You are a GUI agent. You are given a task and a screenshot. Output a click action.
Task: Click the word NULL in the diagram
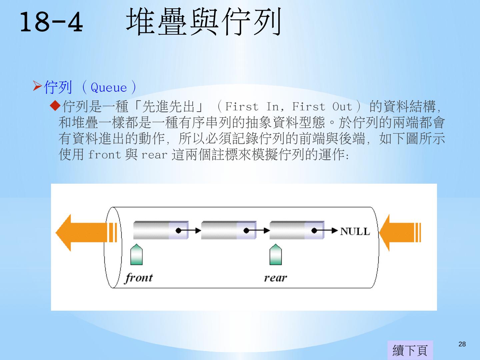[355, 231]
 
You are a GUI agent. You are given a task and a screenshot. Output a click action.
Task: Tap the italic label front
[139, 278]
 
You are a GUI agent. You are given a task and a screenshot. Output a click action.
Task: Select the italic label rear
[275, 278]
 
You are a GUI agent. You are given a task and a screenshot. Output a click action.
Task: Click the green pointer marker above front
[136, 255]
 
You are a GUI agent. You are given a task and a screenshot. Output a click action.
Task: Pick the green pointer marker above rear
[275, 255]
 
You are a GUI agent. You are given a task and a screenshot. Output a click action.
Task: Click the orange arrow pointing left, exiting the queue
[85, 232]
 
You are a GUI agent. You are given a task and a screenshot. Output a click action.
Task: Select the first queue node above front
[161, 230]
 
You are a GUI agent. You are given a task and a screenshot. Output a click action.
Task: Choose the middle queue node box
[229, 230]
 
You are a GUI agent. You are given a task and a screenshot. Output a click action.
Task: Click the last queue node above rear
[297, 230]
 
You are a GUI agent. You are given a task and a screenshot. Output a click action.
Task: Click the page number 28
[462, 344]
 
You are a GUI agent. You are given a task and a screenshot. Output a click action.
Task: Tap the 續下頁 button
[410, 350]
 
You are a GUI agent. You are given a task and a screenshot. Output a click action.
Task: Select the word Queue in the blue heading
[109, 88]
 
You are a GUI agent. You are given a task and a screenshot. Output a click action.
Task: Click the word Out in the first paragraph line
[342, 107]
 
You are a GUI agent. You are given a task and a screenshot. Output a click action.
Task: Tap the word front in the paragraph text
[104, 155]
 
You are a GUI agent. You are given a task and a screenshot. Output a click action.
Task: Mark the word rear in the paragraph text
[154, 155]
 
